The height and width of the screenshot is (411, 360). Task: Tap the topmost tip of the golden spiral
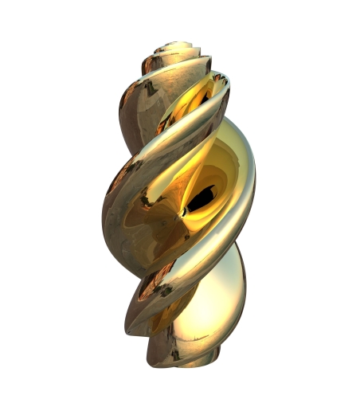click(182, 43)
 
